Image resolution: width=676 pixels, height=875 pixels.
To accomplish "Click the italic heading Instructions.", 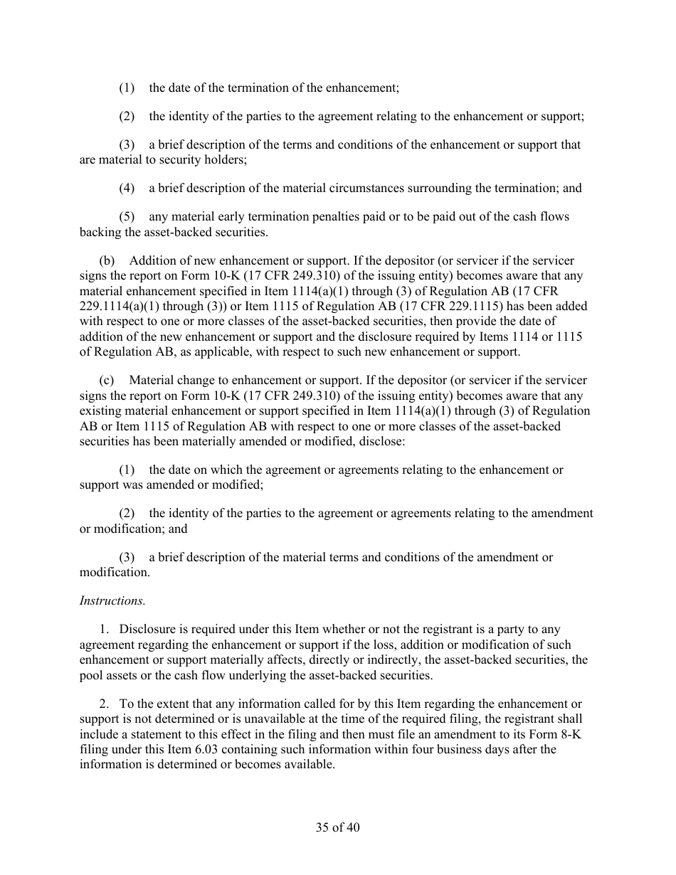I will pyautogui.click(x=112, y=601).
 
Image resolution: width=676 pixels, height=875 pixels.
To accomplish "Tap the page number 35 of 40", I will pyautogui.click(x=337, y=827).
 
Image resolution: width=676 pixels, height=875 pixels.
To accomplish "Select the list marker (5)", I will pyautogui.click(x=126, y=217).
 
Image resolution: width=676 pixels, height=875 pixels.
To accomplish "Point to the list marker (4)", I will pyautogui.click(x=126, y=189).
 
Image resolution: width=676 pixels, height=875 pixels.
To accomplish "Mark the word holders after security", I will pyautogui.click(x=224, y=160).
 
